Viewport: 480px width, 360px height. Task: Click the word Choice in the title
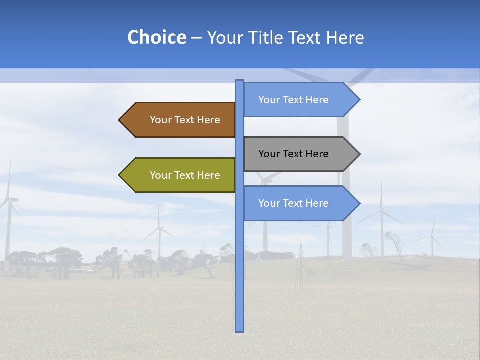pyautogui.click(x=156, y=37)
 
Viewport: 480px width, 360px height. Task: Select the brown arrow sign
pyautogui.click(x=180, y=120)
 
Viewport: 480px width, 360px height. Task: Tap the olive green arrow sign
pyautogui.click(x=180, y=175)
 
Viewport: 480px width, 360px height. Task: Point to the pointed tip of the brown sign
pyautogui.click(x=120, y=120)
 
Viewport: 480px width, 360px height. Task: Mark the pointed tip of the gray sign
pyautogui.click(x=359, y=154)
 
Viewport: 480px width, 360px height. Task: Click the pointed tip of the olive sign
pyautogui.click(x=120, y=175)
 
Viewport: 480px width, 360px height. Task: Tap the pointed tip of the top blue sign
pyautogui.click(x=359, y=100)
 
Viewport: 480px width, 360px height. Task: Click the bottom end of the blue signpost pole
pyautogui.click(x=239, y=330)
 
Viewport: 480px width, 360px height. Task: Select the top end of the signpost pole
pyautogui.click(x=239, y=81)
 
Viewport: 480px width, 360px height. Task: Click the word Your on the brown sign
pyautogui.click(x=161, y=120)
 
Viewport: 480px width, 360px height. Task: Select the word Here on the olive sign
pyautogui.click(x=208, y=175)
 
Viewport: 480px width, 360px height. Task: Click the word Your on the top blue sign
pyautogui.click(x=269, y=100)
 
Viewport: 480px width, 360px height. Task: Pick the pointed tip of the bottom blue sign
pyautogui.click(x=359, y=203)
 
